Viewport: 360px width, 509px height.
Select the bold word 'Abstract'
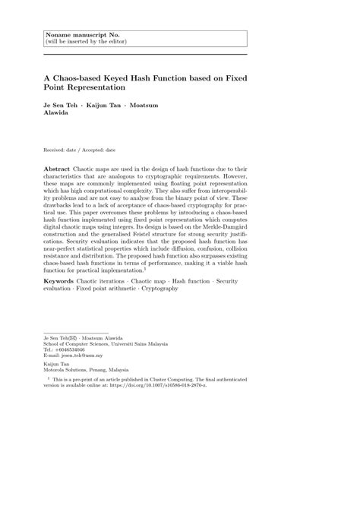pyautogui.click(x=58, y=166)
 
